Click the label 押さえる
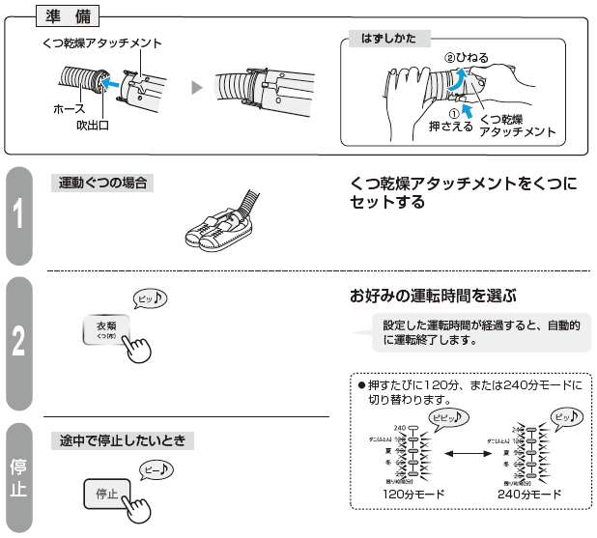tap(449, 125)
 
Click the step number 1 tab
tap(20, 215)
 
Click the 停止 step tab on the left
tap(20, 477)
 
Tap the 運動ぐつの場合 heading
tap(101, 182)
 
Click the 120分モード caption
tap(413, 494)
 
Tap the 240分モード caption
tap(529, 494)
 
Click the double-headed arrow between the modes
tap(470, 452)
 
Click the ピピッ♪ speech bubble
tap(446, 417)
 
